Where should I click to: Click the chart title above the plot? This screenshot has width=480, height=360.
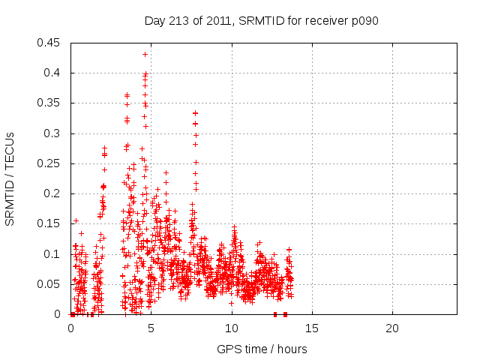click(261, 21)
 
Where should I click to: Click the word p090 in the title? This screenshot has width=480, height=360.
click(363, 21)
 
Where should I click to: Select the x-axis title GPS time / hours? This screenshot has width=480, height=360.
click(262, 349)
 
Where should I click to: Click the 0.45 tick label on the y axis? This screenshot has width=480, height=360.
click(51, 43)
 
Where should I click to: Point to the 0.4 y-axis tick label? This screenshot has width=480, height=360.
click(54, 73)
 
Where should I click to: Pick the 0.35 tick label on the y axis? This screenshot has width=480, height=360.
click(51, 103)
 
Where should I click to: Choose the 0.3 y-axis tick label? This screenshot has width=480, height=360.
click(54, 133)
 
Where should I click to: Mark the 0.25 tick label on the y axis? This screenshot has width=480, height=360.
click(51, 163)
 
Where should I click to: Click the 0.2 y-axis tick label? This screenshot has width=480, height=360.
click(54, 193)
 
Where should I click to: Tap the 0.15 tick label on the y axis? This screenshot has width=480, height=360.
click(51, 223)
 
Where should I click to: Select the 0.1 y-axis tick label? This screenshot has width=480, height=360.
click(54, 254)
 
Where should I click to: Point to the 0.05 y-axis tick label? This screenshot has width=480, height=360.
click(51, 284)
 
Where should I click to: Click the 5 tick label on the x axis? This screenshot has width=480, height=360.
click(151, 328)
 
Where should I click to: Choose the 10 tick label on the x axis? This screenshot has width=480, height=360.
click(232, 328)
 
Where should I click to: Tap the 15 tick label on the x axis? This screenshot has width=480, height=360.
click(312, 328)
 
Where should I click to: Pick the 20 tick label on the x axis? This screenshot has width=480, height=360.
click(392, 328)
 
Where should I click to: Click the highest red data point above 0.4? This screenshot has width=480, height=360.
click(145, 54)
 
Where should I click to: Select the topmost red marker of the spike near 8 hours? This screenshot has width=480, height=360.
click(195, 113)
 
